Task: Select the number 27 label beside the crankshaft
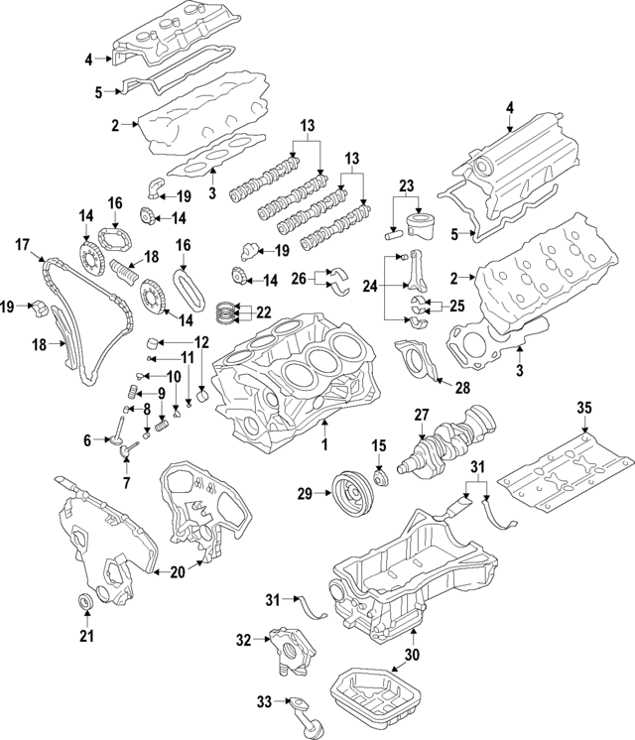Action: [x=421, y=416]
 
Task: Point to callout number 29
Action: [x=304, y=493]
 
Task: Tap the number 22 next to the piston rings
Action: [x=264, y=311]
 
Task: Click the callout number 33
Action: [x=264, y=702]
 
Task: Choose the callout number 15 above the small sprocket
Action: [x=378, y=442]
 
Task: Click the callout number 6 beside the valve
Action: [x=87, y=439]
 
